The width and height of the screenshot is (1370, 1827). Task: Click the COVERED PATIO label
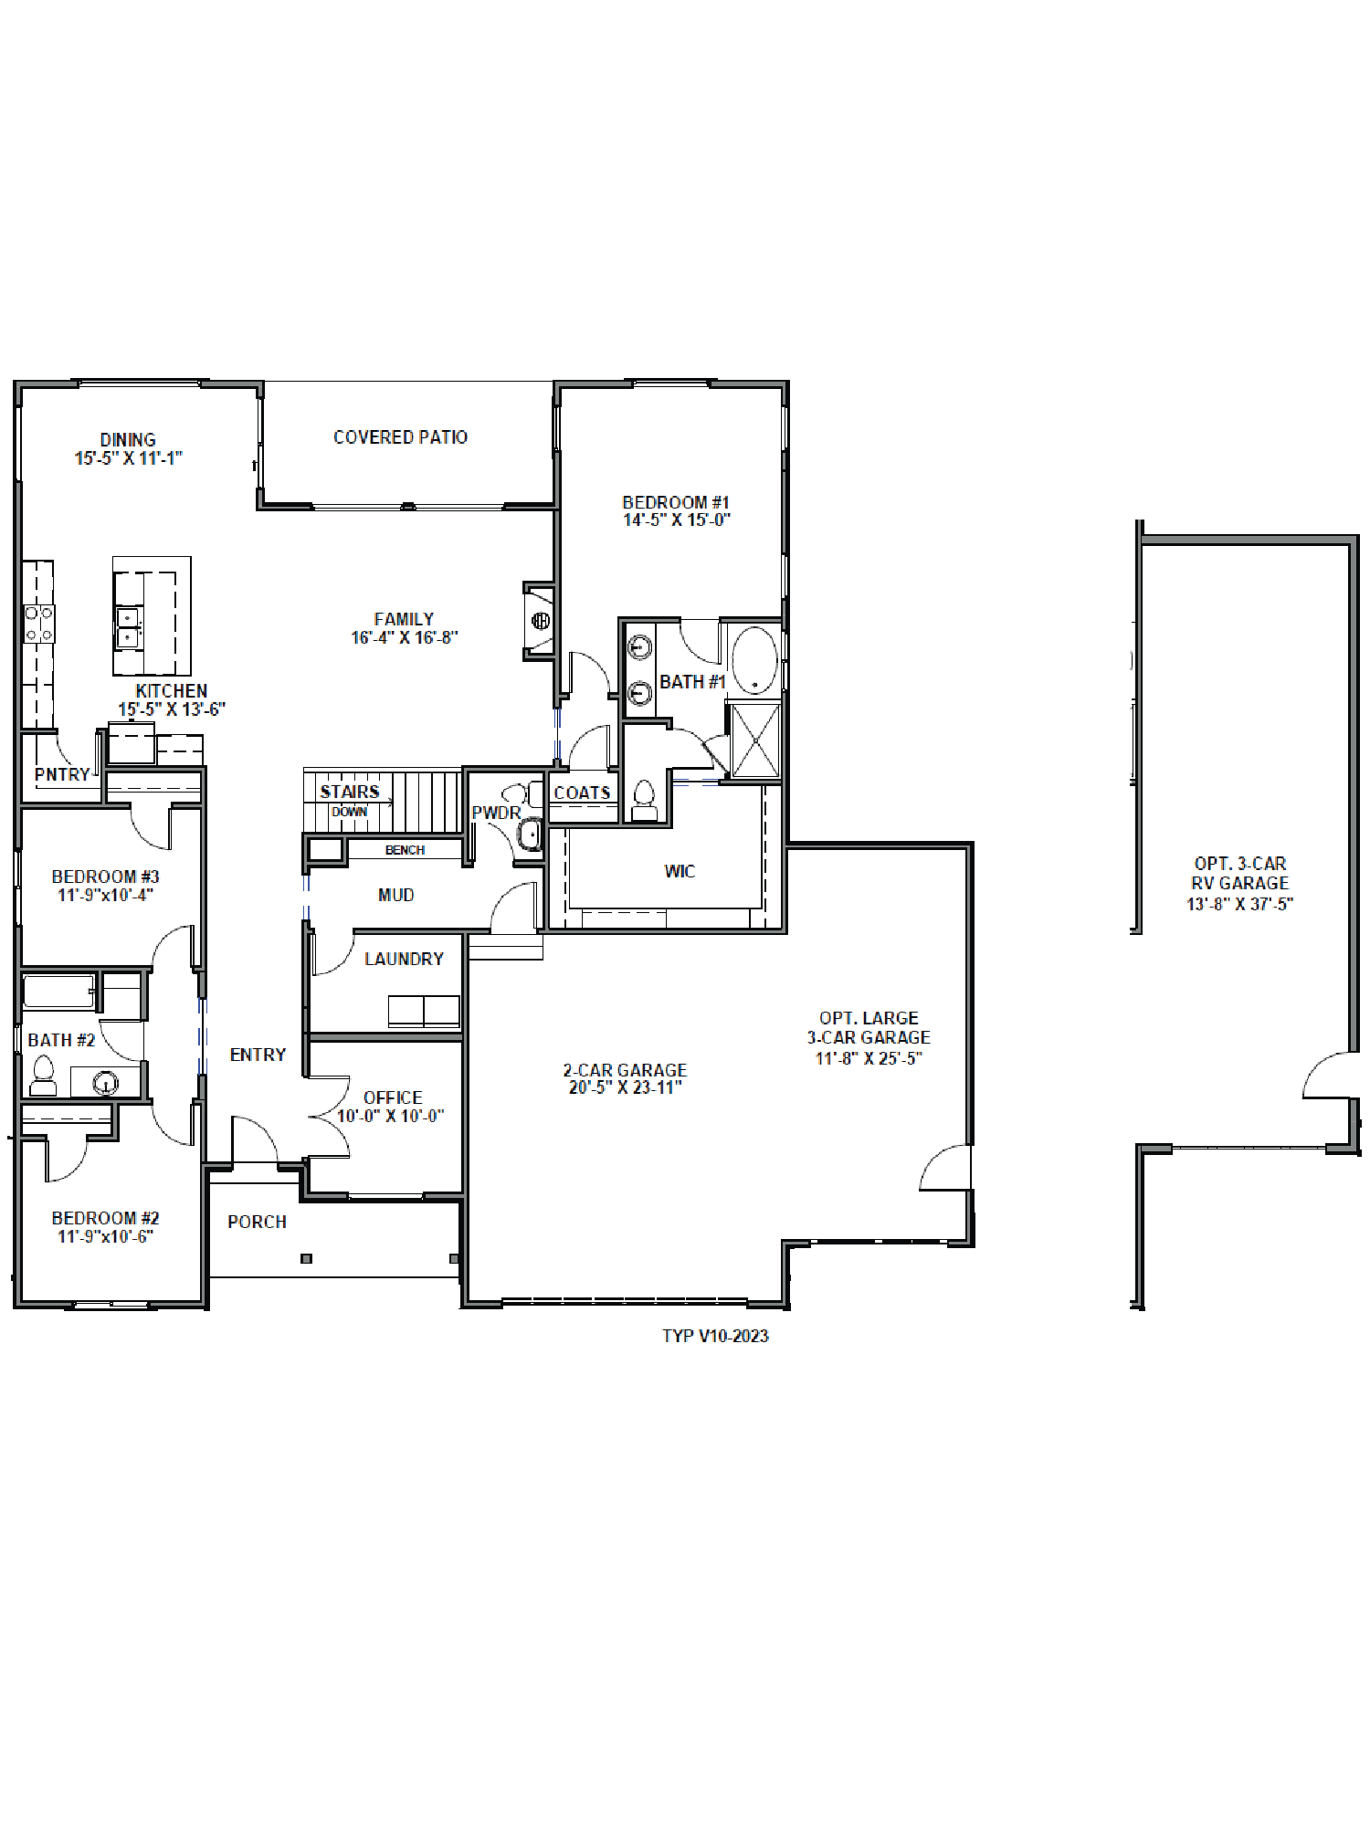click(400, 437)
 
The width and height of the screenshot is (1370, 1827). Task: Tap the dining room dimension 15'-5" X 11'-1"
click(128, 458)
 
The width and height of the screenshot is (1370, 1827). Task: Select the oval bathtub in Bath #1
click(754, 659)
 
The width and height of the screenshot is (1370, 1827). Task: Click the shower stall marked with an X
click(755, 740)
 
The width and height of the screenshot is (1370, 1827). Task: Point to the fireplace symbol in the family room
click(541, 621)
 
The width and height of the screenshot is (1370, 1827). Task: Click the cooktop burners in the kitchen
click(38, 624)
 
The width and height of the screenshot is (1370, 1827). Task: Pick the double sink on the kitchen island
click(128, 628)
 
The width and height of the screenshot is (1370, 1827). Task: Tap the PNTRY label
click(62, 774)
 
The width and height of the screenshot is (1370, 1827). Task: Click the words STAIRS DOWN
click(350, 800)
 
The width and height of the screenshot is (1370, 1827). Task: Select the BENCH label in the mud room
click(405, 850)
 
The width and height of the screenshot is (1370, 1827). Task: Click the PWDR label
click(496, 813)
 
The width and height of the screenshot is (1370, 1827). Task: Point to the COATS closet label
click(582, 793)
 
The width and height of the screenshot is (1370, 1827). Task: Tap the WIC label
click(680, 871)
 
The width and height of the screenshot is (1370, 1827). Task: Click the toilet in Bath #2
click(43, 1076)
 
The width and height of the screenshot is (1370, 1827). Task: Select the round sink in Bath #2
click(107, 1084)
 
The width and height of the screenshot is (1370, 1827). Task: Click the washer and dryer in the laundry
click(424, 1012)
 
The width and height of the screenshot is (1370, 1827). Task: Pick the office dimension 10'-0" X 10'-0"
click(391, 1116)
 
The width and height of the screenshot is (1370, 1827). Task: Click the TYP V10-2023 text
click(715, 1336)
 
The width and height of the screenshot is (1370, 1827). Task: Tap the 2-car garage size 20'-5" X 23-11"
click(626, 1087)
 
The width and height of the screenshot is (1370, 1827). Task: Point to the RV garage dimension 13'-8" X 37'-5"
click(1239, 904)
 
